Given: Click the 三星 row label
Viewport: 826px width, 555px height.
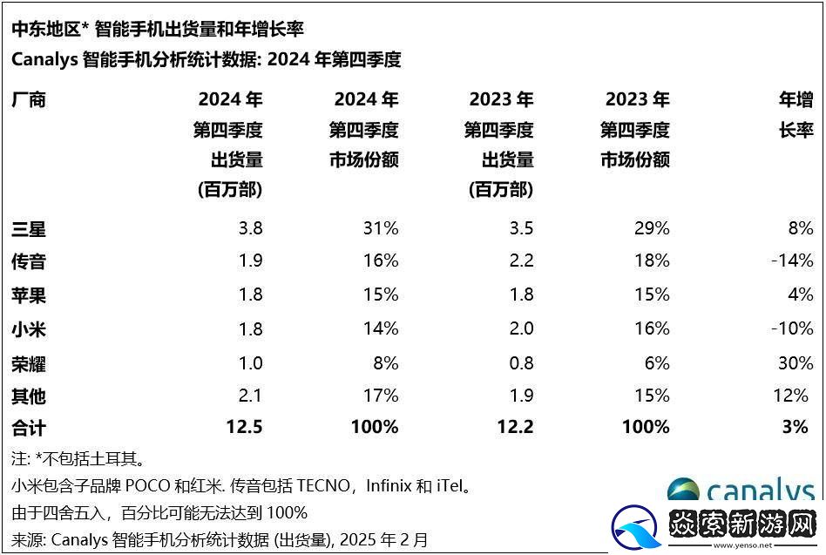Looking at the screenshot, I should [x=28, y=229].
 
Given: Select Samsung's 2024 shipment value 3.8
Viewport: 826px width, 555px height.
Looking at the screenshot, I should [x=250, y=229].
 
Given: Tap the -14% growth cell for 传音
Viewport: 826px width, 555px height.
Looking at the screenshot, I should [x=793, y=261].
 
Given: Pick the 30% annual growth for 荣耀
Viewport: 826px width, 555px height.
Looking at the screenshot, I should [x=795, y=362].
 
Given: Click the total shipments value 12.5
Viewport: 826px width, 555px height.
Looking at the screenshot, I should [x=245, y=427].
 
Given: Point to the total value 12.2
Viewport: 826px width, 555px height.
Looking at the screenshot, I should [x=515, y=427].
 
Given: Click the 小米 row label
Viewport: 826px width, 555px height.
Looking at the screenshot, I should [x=28, y=328].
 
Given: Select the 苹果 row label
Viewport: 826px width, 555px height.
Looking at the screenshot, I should [x=28, y=295].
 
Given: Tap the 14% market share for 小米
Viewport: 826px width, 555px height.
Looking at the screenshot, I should [x=380, y=328].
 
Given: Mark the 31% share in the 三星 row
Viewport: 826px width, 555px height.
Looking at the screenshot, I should [x=380, y=229].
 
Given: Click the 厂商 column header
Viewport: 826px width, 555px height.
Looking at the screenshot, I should [x=28, y=99].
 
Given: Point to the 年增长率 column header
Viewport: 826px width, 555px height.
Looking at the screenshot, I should [x=796, y=115].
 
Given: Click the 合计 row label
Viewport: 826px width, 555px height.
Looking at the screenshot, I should [x=28, y=427].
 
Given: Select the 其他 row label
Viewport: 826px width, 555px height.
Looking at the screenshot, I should [x=28, y=396].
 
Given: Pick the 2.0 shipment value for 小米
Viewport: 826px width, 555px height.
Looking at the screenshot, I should [x=520, y=328].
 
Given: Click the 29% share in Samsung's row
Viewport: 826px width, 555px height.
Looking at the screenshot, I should [x=652, y=229].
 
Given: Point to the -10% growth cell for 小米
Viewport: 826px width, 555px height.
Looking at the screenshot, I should [x=793, y=328].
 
